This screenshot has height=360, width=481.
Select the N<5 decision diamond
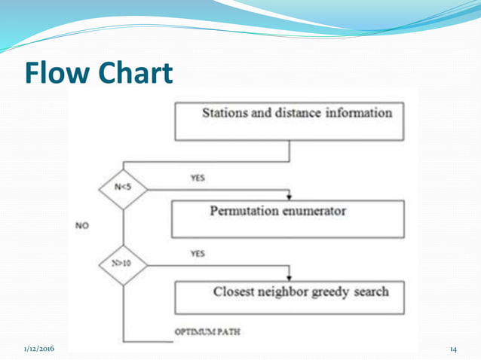pyautogui.click(x=123, y=185)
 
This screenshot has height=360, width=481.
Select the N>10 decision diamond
pyautogui.click(x=123, y=265)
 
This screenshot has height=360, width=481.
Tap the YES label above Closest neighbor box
pyautogui.click(x=197, y=254)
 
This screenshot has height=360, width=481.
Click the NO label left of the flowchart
pyautogui.click(x=83, y=224)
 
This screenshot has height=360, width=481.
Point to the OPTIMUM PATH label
pyautogui.click(x=207, y=332)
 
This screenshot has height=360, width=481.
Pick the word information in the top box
pyautogui.click(x=359, y=113)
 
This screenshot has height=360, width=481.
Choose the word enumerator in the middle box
pyautogui.click(x=312, y=211)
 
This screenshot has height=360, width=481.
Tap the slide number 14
pyautogui.click(x=453, y=349)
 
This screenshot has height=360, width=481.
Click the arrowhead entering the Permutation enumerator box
pyautogui.click(x=290, y=197)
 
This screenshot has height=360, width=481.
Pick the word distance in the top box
pyautogui.click(x=299, y=113)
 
